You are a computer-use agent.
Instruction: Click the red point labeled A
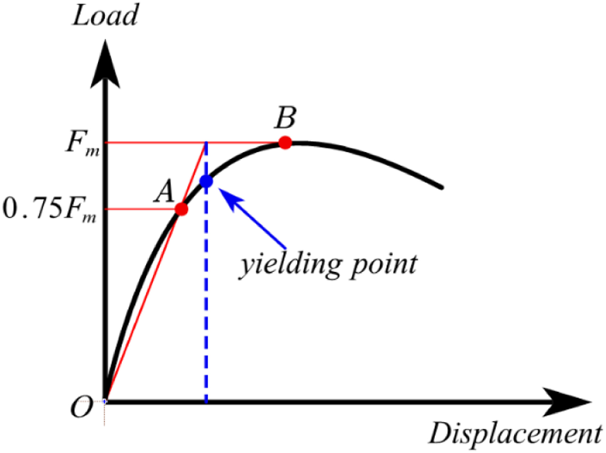[x=181, y=209]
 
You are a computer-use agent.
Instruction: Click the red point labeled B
[x=285, y=143]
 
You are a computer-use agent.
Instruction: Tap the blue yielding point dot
[x=206, y=181]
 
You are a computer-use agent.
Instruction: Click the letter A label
[x=164, y=191]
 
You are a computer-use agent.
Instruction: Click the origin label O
[x=82, y=407]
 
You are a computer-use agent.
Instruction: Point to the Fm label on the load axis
[x=83, y=143]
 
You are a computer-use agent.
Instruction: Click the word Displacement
[x=516, y=434]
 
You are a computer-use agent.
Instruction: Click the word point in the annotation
[x=384, y=266]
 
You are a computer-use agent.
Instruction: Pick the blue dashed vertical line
[x=206, y=272]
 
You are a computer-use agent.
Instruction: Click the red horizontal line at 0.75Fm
[x=142, y=209]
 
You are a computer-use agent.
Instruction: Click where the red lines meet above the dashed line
[x=206, y=143]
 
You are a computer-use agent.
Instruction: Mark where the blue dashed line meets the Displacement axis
[x=206, y=402]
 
